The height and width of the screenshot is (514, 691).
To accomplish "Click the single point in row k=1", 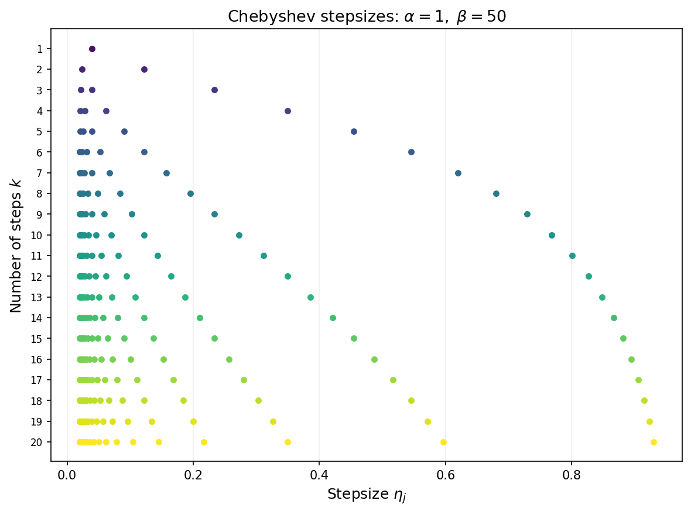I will (92, 49).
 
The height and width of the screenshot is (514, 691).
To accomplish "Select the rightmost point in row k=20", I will (654, 442).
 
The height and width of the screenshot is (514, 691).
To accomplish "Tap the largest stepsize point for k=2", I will (144, 69).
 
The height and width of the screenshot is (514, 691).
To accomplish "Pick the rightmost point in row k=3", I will (214, 90).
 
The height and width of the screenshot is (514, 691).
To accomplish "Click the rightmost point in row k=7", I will (458, 173).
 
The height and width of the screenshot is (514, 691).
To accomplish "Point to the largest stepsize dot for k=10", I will (552, 235).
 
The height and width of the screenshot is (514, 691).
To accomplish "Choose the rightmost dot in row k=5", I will (354, 131).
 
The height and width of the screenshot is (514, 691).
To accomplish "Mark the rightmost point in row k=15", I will (623, 338).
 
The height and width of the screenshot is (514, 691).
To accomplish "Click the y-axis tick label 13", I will (39, 297).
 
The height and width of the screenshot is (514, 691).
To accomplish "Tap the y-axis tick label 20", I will (39, 442).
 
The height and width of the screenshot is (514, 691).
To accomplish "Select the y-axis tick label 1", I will (40, 49).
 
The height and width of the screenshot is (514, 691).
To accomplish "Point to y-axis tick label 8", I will (40, 193).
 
